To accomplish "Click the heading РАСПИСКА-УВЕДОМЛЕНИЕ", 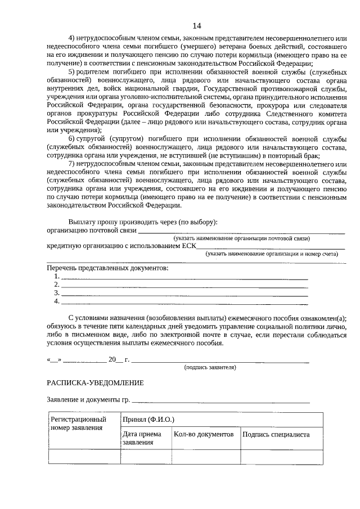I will (95, 383).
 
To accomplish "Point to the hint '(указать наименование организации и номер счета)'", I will (272, 254).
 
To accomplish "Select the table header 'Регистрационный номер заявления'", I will (79, 424).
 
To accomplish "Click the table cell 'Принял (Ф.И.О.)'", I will (148, 420).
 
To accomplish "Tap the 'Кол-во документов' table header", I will (203, 435).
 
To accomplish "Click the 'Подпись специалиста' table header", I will (276, 435).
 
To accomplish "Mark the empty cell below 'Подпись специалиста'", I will (281, 457).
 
